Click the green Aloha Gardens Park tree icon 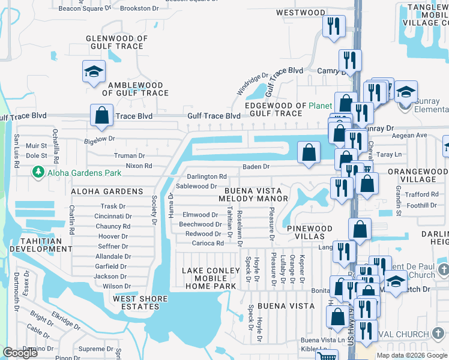(x=38, y=173)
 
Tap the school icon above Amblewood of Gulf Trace (x=94, y=72)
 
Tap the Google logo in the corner (x=20, y=353)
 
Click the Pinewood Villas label (x=309, y=233)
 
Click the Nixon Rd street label (x=139, y=166)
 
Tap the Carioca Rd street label (x=208, y=243)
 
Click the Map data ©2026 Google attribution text (x=412, y=355)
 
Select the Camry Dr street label (x=329, y=70)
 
